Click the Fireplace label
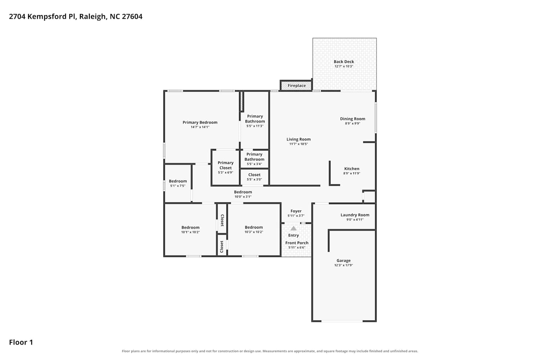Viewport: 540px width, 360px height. pos(297,86)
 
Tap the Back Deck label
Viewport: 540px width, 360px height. pos(344,62)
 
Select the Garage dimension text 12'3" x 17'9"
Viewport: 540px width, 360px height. pos(343,265)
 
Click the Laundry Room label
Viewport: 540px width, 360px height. pos(355,215)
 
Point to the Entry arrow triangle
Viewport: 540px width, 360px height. pos(293,228)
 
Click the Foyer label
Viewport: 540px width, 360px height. pos(296,211)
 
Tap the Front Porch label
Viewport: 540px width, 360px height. pos(297,243)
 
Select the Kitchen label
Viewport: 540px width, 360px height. pos(352,169)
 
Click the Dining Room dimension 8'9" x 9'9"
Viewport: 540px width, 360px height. pos(352,123)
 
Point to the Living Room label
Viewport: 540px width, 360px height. pos(298,139)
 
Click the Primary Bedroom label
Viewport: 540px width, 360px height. pos(200,122)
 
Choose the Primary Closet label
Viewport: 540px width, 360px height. pos(225,165)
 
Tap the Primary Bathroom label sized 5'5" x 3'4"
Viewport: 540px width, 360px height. pos(254,157)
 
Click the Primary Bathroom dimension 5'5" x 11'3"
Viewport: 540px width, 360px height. pos(255,126)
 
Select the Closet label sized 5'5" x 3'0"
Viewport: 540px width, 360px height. pos(254,175)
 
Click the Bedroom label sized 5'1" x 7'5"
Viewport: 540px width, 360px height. pos(178,181)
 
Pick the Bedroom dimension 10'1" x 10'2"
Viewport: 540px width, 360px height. pos(190,232)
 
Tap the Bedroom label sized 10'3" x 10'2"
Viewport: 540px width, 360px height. pos(253,228)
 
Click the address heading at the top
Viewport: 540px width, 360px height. pos(76,17)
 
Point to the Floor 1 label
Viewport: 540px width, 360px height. pos(21,342)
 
